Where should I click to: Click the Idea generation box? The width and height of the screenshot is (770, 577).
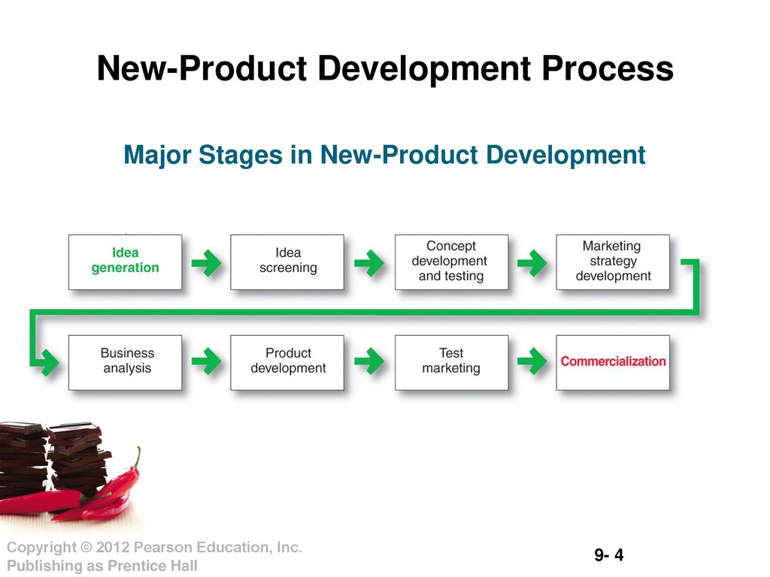126,262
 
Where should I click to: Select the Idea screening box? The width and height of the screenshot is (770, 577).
287,262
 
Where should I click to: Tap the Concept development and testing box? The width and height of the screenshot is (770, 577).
451,262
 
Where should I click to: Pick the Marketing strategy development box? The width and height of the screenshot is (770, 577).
613,262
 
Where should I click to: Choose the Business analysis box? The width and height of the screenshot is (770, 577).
126,363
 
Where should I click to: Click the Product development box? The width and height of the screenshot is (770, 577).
287,363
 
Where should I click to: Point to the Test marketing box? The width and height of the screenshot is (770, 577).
451,363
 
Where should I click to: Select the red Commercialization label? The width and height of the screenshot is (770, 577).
614,361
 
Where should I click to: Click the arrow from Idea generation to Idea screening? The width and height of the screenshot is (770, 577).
206,263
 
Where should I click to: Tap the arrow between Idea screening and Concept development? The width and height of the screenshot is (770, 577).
369,263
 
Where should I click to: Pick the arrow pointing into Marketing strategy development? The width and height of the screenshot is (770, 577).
532,263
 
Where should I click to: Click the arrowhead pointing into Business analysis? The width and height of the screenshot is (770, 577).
49,363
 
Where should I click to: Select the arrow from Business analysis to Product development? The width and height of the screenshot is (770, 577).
206,361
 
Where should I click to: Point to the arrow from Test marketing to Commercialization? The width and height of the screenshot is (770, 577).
532,361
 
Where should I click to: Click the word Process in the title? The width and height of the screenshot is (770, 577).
608,68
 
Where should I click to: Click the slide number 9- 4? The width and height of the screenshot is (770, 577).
609,555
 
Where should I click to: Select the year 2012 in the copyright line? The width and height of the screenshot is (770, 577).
113,547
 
